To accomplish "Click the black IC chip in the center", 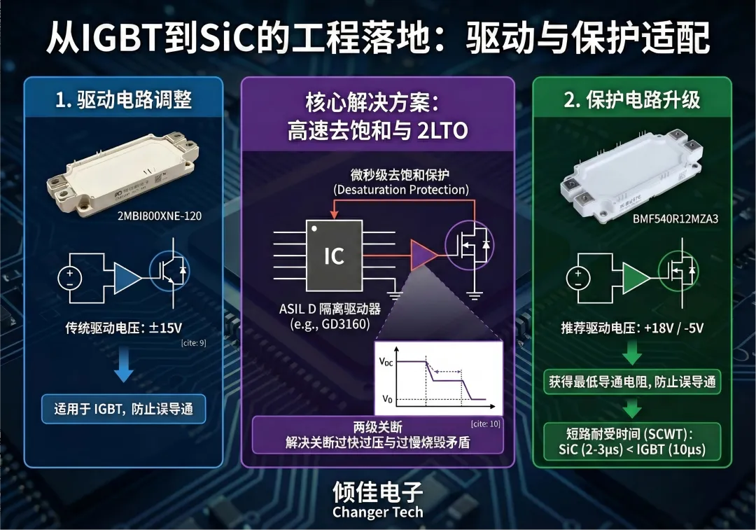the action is (334, 256).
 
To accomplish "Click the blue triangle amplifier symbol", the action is (127, 278).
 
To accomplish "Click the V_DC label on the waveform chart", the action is (386, 362).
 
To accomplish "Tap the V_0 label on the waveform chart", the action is (386, 398).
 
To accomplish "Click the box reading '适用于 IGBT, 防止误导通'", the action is (123, 408).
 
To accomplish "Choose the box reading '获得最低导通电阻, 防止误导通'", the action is (632, 382).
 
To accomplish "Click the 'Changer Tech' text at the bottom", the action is (377, 512).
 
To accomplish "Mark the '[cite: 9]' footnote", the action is (192, 343).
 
